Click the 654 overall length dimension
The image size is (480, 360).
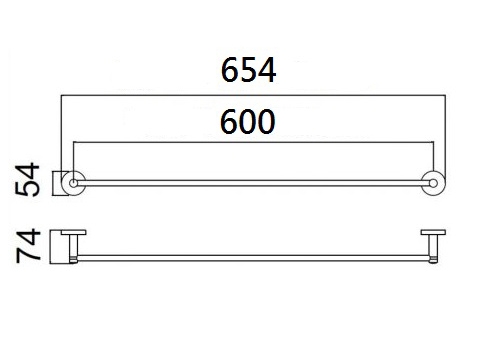248,70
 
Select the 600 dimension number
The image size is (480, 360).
248,122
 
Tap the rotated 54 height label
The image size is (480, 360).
27,179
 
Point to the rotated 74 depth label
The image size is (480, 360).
28,246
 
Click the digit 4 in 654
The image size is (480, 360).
267,70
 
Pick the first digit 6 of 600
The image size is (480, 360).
229,122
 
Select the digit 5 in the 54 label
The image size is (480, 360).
27,188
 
